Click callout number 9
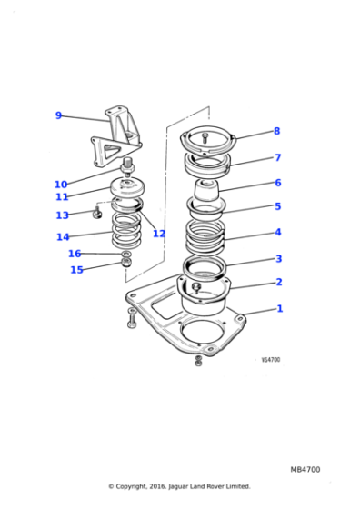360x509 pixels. click(x=58, y=115)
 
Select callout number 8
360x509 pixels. click(x=277, y=131)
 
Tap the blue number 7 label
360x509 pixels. click(x=277, y=157)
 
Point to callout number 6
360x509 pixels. click(x=278, y=183)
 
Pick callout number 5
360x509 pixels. click(x=278, y=206)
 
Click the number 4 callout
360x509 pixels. click(x=278, y=232)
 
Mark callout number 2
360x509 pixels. click(x=279, y=282)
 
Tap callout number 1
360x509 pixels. click(x=280, y=308)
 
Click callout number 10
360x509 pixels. click(x=61, y=185)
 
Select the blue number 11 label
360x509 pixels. click(x=62, y=196)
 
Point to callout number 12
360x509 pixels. click(x=159, y=234)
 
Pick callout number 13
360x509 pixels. click(x=62, y=215)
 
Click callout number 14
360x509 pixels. click(x=62, y=237)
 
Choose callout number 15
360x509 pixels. click(x=76, y=270)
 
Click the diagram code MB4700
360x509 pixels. click(x=305, y=470)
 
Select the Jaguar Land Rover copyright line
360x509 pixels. click(x=179, y=486)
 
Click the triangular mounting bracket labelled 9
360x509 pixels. click(x=116, y=136)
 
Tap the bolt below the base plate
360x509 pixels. click(x=198, y=362)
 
